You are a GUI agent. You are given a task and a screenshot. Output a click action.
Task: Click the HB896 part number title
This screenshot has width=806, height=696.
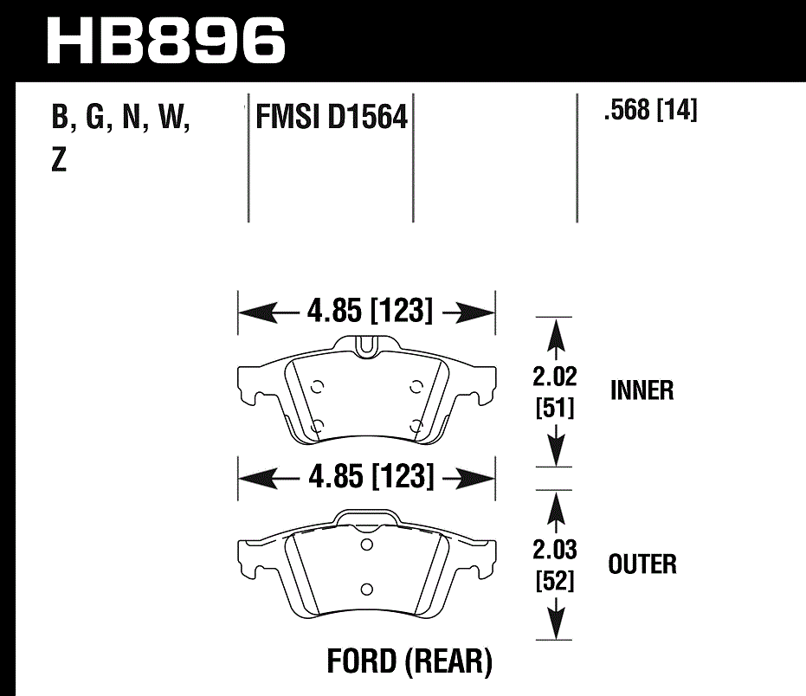[165, 39]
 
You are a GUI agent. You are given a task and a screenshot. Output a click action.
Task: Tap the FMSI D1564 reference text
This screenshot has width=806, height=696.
[331, 117]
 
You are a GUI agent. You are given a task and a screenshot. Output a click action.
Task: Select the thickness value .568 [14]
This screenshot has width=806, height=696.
[651, 111]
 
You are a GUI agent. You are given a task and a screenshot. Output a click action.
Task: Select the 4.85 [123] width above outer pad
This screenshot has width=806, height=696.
[368, 477]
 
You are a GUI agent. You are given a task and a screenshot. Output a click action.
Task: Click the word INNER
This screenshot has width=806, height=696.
[642, 390]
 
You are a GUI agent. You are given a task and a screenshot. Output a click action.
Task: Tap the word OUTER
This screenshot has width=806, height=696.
[642, 564]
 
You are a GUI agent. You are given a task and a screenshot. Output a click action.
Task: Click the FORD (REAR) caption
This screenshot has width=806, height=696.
[409, 662]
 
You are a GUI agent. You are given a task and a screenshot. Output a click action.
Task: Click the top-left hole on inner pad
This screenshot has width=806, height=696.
[317, 386]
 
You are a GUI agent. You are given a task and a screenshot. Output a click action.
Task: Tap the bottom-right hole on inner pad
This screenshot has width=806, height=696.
[417, 424]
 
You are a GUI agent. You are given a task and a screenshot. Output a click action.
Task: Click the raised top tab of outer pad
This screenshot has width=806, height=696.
[366, 516]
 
